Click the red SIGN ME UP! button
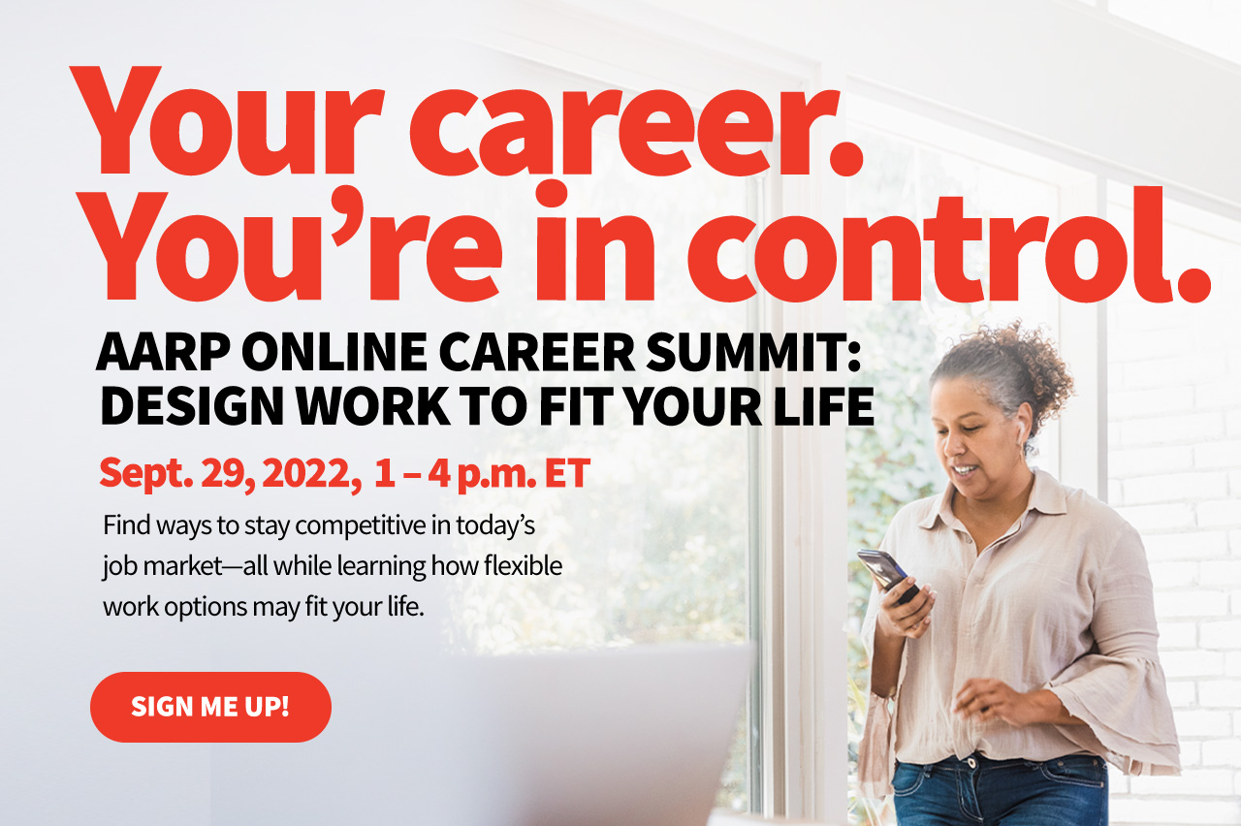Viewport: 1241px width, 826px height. (x=210, y=707)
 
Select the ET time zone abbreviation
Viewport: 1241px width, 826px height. (x=566, y=474)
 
